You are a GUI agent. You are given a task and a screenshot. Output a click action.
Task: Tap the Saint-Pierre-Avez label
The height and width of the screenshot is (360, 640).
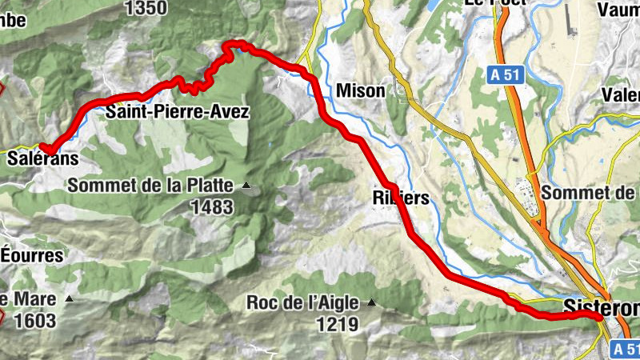(178, 112)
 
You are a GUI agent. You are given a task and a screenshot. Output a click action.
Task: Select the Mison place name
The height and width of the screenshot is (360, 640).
(361, 90)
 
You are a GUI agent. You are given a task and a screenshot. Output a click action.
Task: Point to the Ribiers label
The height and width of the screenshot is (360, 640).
(401, 197)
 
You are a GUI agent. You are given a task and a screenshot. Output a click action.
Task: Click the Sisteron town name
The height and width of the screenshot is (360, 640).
(601, 306)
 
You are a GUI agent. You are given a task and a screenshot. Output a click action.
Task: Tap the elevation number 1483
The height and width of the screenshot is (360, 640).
(211, 207)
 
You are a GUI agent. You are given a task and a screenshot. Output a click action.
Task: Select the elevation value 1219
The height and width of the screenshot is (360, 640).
(336, 324)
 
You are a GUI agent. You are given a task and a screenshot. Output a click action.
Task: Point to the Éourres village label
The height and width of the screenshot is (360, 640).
(31, 256)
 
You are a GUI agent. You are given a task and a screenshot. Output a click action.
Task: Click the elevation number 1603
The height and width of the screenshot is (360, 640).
(35, 321)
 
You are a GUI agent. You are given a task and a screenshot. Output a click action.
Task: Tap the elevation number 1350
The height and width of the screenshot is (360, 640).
(146, 8)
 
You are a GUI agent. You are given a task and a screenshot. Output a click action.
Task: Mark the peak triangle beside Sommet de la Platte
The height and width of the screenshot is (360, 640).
(246, 186)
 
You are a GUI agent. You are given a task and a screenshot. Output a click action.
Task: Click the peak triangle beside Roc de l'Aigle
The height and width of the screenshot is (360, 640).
(371, 302)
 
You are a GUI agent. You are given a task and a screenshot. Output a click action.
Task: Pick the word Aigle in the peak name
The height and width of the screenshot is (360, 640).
(342, 303)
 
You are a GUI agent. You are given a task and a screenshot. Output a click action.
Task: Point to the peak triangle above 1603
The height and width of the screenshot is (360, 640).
(70, 299)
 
